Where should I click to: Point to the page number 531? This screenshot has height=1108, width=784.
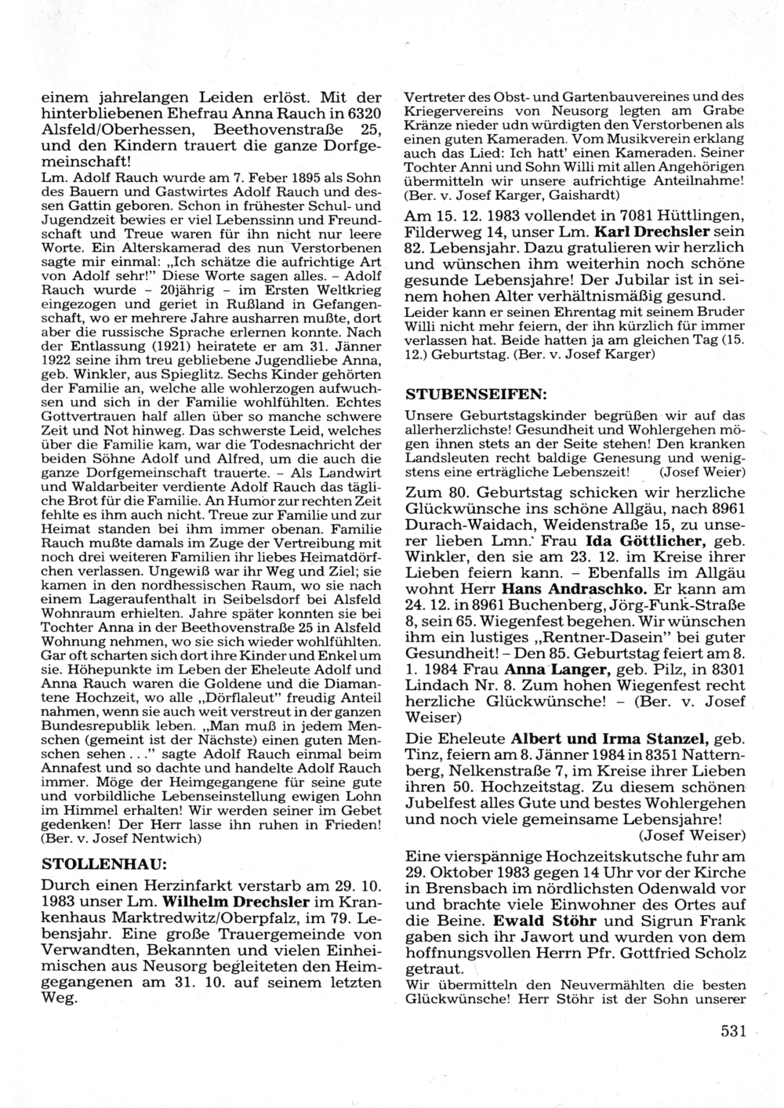(x=733, y=1031)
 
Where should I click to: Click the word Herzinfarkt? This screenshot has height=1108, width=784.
(x=170, y=885)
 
